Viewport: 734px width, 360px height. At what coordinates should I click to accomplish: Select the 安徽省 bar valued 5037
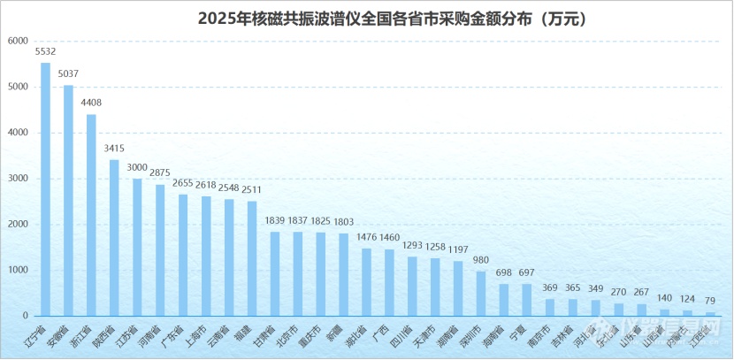(x=68, y=201)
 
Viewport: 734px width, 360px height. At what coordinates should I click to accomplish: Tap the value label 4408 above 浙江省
(x=91, y=102)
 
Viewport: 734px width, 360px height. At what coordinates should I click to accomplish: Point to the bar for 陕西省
(x=114, y=238)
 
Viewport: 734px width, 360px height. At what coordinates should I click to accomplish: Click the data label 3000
(x=137, y=166)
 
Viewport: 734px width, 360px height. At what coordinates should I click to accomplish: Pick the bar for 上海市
(x=206, y=257)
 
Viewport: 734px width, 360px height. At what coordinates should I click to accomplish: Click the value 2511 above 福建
(x=252, y=189)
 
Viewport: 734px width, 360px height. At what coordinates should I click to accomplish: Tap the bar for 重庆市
(x=320, y=274)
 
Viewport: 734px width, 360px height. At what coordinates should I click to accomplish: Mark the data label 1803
(x=343, y=221)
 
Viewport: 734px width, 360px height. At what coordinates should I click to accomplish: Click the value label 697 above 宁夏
(x=527, y=272)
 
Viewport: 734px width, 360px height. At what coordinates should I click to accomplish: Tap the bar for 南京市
(x=550, y=308)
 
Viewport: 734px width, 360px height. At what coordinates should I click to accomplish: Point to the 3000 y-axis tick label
(x=17, y=179)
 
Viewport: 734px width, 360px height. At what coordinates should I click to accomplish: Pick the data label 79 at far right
(x=710, y=301)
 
